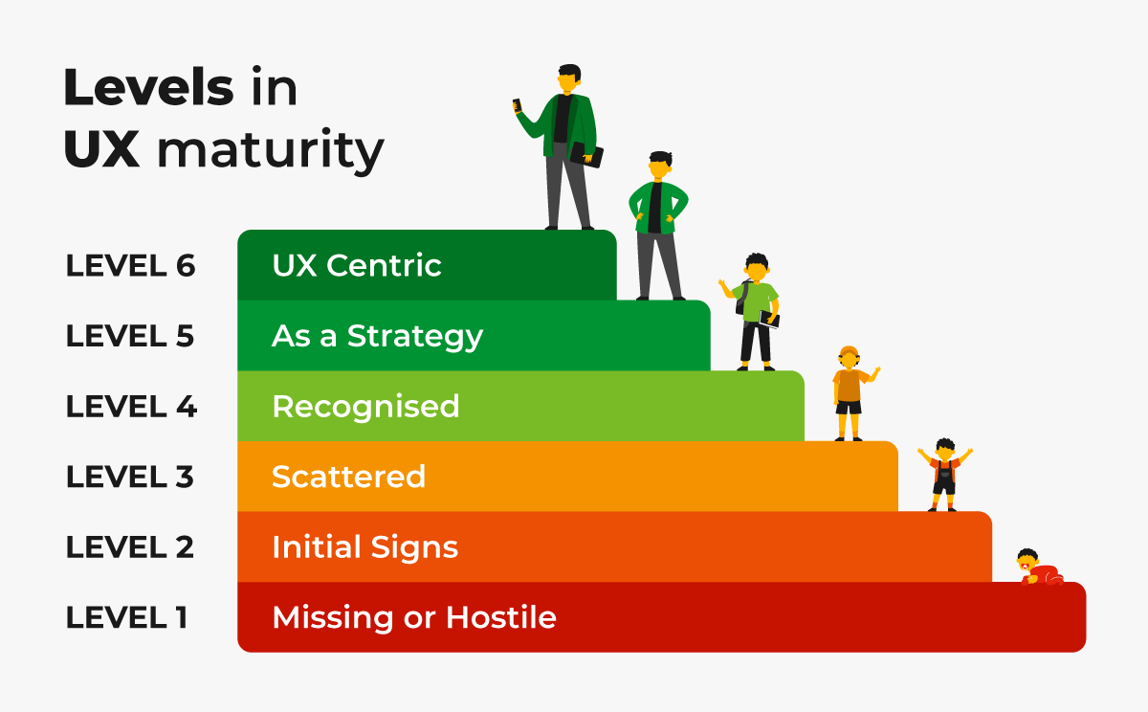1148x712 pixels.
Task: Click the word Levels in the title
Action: coord(148,89)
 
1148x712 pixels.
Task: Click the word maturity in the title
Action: coord(271,151)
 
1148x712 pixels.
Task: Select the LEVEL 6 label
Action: coord(130,266)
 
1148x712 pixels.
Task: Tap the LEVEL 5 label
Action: coord(130,336)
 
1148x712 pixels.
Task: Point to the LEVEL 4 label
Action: coord(131,407)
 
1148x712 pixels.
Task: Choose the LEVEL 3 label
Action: coord(130,477)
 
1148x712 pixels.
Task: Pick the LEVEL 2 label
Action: coord(130,547)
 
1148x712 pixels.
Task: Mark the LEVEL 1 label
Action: coord(126,617)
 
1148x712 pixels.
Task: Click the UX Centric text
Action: coord(357,265)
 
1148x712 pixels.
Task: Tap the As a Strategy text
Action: coord(377,336)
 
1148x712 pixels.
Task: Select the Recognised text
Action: coord(365,407)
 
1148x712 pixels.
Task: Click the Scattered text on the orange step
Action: coord(348,477)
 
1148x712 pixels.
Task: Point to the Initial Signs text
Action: coord(364,547)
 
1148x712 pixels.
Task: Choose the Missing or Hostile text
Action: coord(413,617)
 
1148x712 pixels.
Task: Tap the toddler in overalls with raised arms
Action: coord(944,475)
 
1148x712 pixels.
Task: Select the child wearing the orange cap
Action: coord(849,392)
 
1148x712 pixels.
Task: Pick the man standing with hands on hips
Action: coord(658,225)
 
